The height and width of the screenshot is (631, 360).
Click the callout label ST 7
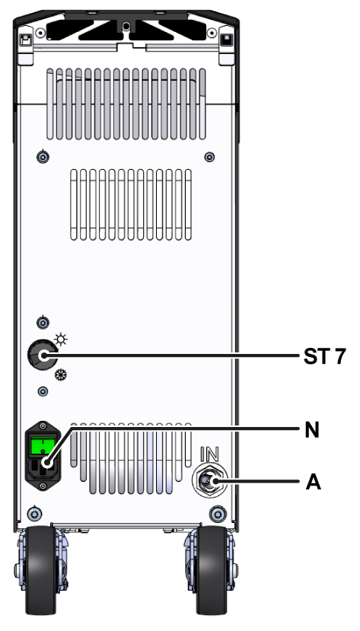[324, 356]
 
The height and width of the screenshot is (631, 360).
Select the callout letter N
[312, 430]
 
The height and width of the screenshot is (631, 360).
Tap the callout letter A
[313, 482]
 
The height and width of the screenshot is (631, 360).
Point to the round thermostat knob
[42, 355]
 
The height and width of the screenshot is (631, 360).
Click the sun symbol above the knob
[61, 340]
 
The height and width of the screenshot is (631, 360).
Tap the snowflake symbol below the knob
[61, 375]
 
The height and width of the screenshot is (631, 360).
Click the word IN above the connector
[209, 454]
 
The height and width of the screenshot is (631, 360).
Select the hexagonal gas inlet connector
[209, 481]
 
